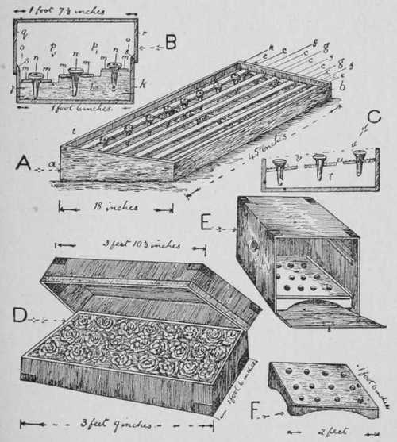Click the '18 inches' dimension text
116,207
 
